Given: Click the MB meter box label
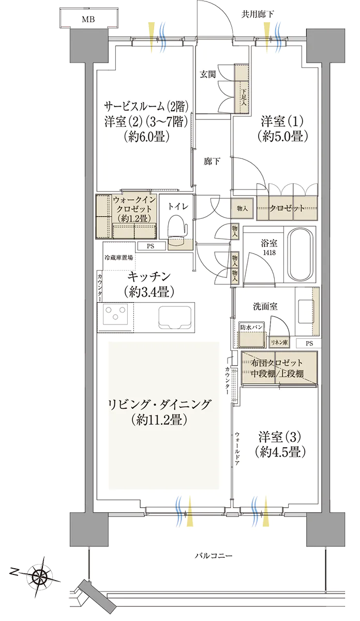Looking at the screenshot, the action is (88, 20).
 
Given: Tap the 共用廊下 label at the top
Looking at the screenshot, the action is (258, 14).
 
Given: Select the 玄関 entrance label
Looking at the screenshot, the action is (208, 75).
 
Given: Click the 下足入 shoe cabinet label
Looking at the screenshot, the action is (244, 97).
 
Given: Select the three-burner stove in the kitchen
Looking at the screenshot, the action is (115, 314).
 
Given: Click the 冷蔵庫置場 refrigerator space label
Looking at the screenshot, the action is (118, 258).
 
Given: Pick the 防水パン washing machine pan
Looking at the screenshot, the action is (251, 334).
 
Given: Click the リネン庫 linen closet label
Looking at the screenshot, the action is (279, 343).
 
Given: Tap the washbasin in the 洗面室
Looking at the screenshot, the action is (306, 311).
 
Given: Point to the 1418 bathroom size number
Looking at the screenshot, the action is (269, 253).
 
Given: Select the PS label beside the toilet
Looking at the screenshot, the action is (151, 246).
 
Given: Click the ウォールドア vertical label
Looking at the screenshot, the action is (237, 448).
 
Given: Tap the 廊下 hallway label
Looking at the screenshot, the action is (212, 161).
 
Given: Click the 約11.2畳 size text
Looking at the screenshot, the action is (159, 420).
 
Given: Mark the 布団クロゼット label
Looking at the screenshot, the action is (277, 362).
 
